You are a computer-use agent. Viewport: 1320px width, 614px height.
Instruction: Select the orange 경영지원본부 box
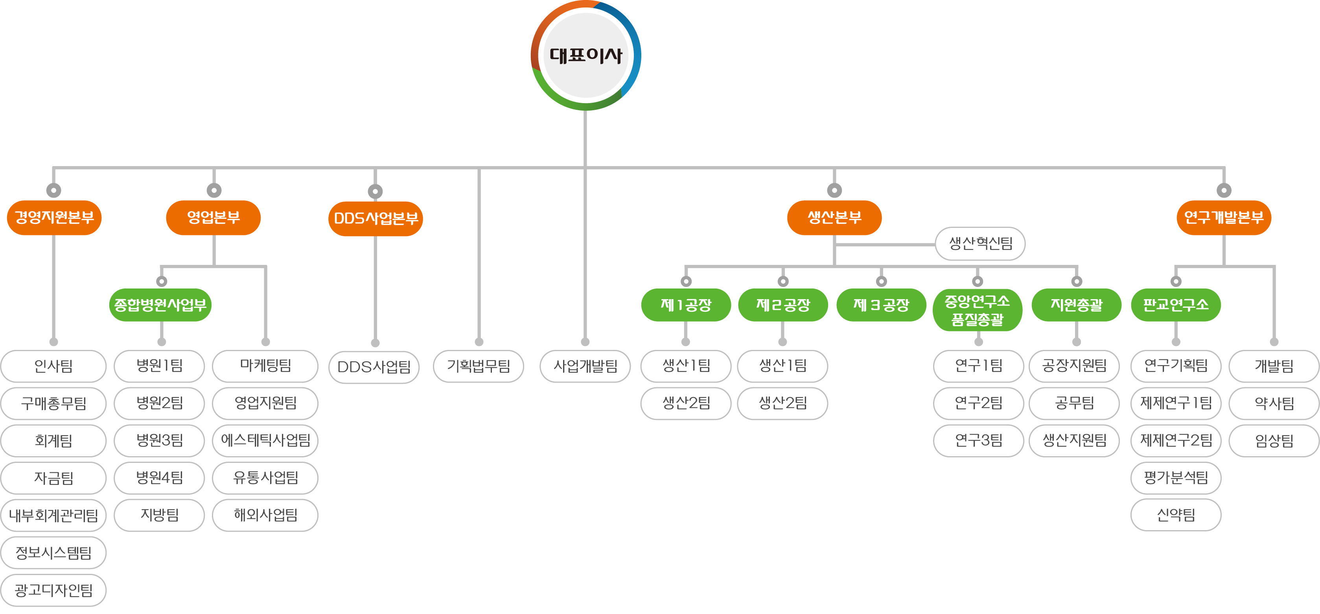coord(54,218)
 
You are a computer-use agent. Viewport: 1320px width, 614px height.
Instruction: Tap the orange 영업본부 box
coord(213,218)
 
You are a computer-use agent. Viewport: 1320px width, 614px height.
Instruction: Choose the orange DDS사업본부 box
coord(376,218)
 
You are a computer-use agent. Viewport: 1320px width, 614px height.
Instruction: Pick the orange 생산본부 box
coord(834,218)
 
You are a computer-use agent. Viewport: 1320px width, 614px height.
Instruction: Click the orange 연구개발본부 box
coord(1224,218)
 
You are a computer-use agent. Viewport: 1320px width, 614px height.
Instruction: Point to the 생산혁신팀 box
coord(980,244)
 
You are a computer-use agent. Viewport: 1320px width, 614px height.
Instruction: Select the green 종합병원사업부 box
coord(160,305)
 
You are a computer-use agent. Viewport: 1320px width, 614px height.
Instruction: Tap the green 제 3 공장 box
coord(881,305)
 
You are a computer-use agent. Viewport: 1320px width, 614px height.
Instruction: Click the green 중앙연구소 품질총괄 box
coord(977,310)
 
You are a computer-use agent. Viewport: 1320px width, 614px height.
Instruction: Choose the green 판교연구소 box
coord(1176,305)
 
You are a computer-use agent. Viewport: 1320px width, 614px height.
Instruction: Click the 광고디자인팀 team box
coord(53,590)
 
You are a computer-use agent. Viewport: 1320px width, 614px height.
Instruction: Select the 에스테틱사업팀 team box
coord(265,440)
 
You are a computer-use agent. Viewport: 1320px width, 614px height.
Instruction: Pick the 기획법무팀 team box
coord(478,366)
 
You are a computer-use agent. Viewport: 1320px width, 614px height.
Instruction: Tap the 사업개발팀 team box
coord(585,366)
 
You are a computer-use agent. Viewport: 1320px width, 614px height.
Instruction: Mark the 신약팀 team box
coord(1176,515)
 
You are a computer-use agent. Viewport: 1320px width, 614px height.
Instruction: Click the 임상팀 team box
coord(1274,440)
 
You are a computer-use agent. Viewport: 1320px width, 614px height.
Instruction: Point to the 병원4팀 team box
coord(159,477)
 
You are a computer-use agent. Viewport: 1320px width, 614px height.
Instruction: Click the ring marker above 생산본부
coord(834,191)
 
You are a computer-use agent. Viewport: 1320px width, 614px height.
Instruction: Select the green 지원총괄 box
coord(1076,305)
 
